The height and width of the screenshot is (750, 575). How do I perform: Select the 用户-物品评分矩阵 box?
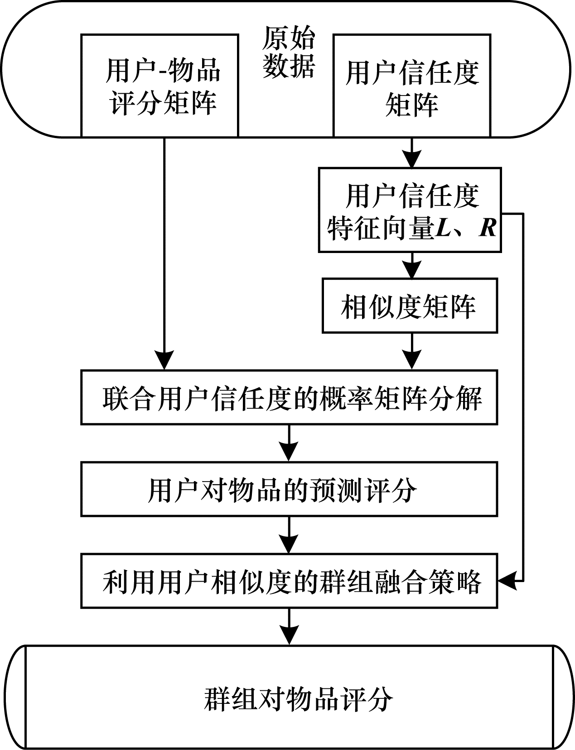coord(159,86)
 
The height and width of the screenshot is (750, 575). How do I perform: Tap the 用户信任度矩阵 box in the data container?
coord(411,86)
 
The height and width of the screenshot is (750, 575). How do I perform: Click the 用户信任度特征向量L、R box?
coord(410,210)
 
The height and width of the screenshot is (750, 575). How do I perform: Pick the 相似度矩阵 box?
coord(410,306)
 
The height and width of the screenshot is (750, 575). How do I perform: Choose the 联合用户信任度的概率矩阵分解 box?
coord(289,397)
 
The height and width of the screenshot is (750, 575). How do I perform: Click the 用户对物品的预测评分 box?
coord(289,489)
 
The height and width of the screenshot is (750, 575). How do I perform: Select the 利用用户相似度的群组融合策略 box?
coord(289,581)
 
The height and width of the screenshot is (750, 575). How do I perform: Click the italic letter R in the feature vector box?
coord(488,228)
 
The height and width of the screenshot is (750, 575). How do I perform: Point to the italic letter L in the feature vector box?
coord(444,228)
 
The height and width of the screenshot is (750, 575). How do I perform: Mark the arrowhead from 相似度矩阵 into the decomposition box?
coord(411,360)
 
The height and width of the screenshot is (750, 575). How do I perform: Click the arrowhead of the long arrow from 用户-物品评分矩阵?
coord(164,360)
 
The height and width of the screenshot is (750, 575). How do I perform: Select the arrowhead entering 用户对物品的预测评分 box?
coord(289,452)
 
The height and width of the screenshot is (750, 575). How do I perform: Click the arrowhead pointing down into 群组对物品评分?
coord(289,636)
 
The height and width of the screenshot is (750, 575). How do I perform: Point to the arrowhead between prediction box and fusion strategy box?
coord(289,545)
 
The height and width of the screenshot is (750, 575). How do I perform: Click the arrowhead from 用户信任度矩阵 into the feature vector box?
coord(411,159)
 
